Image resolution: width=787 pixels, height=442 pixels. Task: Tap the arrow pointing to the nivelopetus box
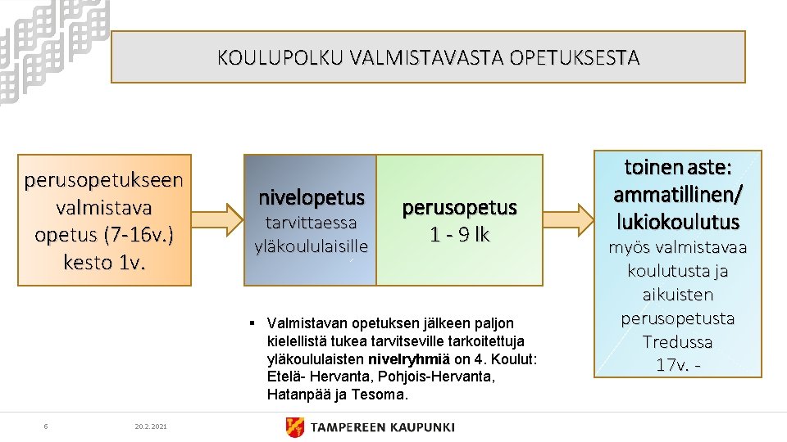(x=217, y=219)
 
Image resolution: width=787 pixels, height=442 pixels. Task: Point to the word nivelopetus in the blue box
(x=312, y=197)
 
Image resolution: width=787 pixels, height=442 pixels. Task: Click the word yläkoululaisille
(x=312, y=245)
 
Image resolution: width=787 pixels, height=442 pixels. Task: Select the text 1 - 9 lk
(x=459, y=235)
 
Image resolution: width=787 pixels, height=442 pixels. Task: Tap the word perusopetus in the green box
(x=459, y=208)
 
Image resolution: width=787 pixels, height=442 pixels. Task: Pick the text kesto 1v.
(x=104, y=263)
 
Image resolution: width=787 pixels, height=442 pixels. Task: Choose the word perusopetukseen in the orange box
(x=104, y=178)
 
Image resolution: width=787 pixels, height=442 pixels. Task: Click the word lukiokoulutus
(x=677, y=221)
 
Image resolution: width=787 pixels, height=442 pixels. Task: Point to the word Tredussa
(x=677, y=341)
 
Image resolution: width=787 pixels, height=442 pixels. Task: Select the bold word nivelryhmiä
(x=409, y=359)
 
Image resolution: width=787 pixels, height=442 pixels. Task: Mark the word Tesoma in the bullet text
(x=382, y=395)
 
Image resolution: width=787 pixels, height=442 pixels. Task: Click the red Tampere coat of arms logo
(x=294, y=426)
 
